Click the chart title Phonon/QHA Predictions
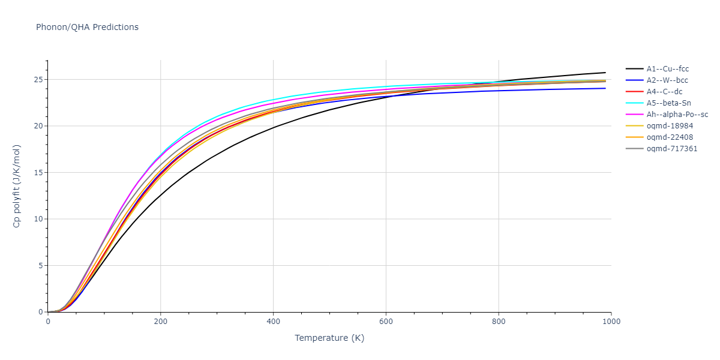tap(87, 27)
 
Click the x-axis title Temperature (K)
tap(329, 338)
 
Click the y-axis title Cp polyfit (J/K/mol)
tap(17, 186)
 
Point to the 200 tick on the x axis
tap(160, 322)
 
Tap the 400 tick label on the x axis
tap(273, 322)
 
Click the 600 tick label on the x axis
tap(386, 322)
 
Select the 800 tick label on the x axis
tap(499, 322)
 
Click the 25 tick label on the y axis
tap(38, 80)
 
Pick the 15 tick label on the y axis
tap(38, 173)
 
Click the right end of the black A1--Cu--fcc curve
tap(605, 73)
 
